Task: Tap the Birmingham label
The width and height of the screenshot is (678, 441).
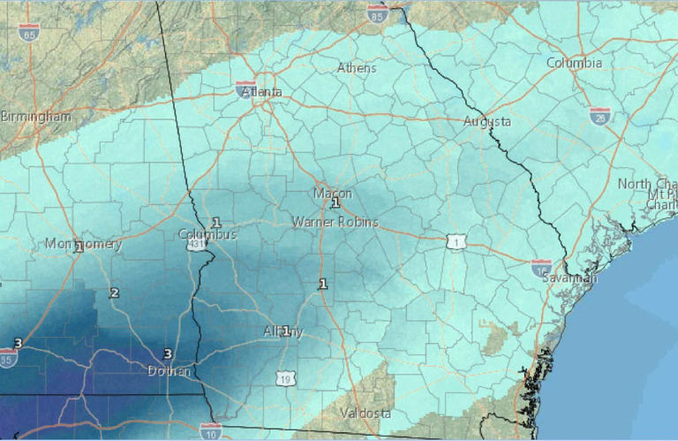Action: pos(35,117)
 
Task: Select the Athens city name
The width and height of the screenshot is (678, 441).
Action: pos(357,68)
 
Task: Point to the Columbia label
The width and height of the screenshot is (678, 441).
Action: pos(575,63)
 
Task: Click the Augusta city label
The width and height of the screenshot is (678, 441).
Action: pos(487,122)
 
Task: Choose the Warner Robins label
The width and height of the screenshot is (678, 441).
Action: pos(335,222)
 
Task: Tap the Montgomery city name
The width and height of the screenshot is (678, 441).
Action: pos(83,244)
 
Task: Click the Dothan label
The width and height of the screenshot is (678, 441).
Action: pos(169,370)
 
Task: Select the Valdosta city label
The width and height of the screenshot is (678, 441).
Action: pos(367,414)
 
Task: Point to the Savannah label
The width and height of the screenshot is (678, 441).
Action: pos(569,278)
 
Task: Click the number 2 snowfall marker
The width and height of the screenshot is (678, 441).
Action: pos(114,293)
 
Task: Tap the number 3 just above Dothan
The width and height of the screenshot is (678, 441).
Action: pos(167,354)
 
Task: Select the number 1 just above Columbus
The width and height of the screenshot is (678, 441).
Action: pos(215,223)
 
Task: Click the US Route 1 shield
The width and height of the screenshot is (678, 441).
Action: pos(455,240)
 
